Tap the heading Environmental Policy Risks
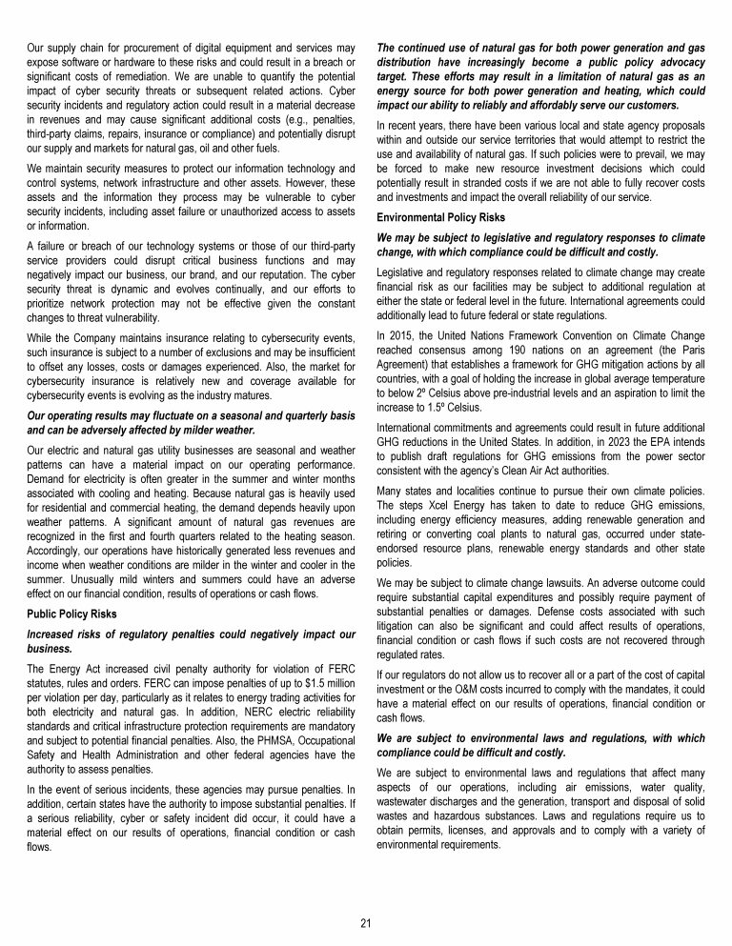434,216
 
